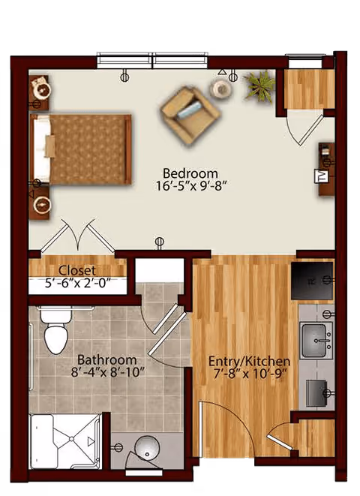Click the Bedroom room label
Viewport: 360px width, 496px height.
(190, 173)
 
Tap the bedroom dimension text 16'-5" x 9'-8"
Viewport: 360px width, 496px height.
(191, 185)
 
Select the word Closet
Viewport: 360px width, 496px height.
(77, 271)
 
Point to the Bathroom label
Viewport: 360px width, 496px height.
(106, 360)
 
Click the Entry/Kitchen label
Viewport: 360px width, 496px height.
(249, 361)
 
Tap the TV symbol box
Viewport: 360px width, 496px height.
(320, 176)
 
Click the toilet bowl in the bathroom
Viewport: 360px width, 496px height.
(55, 338)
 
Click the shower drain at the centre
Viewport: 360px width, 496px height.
(71, 439)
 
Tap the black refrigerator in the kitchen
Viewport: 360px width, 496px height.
(312, 281)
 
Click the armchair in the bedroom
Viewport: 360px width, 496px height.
(190, 116)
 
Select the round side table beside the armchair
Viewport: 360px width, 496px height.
(221, 89)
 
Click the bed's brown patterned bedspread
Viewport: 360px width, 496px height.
(90, 149)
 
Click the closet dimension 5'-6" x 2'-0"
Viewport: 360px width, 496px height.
(79, 283)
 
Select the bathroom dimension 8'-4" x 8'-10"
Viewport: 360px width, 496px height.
(108, 372)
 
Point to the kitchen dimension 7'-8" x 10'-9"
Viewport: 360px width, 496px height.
(250, 374)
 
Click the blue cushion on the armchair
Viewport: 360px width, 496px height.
(189, 110)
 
